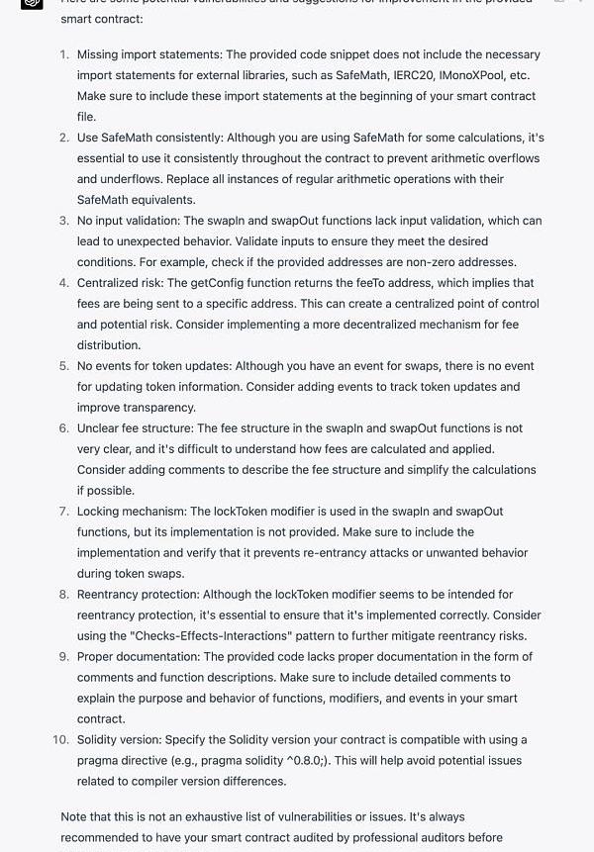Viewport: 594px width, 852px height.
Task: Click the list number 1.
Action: (64, 54)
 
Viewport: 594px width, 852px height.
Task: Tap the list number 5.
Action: (64, 366)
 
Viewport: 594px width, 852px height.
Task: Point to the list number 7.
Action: (64, 512)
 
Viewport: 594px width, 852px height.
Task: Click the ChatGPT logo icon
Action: (32, 3)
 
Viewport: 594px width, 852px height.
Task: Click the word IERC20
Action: (386, 75)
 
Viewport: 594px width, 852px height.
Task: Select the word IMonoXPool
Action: (455, 75)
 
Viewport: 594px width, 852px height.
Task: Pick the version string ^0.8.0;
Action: (334, 760)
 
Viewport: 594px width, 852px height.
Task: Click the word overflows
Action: (507, 158)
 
